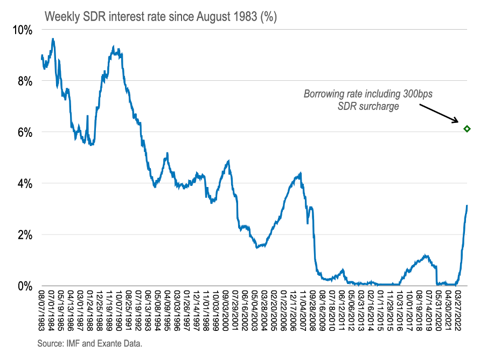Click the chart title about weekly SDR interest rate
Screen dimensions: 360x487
[161, 17]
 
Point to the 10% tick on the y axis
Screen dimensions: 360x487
[22, 30]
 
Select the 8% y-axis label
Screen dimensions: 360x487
[24, 81]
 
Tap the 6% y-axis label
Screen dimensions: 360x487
[24, 133]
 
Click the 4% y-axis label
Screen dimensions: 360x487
[24, 184]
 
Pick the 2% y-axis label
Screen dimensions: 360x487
[24, 235]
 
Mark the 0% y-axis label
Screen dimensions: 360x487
[24, 286]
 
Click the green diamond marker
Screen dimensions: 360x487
[467, 129]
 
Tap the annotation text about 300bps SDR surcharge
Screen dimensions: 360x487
[368, 100]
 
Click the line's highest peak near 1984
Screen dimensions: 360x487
[52, 39]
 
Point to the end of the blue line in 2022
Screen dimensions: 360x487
[467, 205]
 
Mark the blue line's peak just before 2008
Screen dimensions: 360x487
[300, 174]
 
